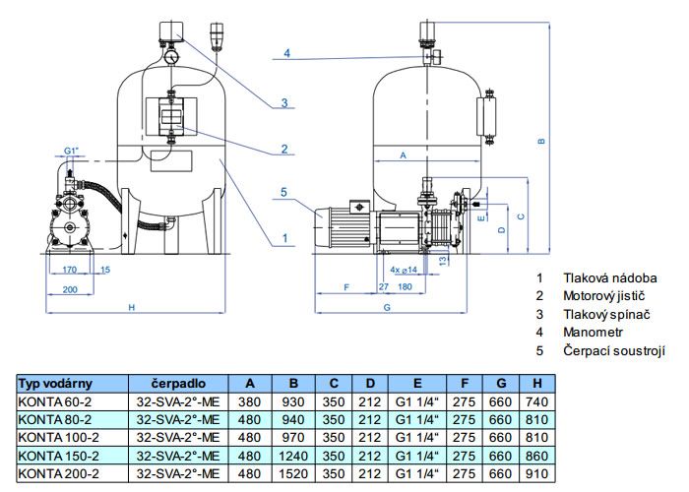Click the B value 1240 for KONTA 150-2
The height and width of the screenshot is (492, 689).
click(x=293, y=456)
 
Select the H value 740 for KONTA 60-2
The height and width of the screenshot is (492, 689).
click(x=537, y=401)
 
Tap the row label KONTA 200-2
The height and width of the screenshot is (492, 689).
click(x=58, y=473)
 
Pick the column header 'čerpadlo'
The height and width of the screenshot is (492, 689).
click(x=178, y=384)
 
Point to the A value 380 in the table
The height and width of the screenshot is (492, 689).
click(x=249, y=401)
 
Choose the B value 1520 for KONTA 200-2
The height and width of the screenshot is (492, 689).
click(x=293, y=473)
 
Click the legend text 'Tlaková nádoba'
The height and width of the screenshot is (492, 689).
click(x=610, y=277)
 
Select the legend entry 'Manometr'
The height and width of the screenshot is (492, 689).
click(x=593, y=333)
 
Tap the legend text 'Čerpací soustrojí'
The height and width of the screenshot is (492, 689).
click(x=614, y=350)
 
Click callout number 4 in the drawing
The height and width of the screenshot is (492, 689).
click(x=287, y=53)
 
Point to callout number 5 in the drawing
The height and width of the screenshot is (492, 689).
click(x=283, y=192)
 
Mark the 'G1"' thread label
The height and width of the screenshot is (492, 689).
click(x=71, y=151)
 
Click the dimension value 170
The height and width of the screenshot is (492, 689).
click(x=70, y=270)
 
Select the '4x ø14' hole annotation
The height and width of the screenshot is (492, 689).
click(x=403, y=270)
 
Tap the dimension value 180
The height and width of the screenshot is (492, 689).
click(x=405, y=287)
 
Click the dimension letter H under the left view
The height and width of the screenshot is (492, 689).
click(x=131, y=307)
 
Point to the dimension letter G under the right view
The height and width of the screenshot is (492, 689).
click(x=387, y=307)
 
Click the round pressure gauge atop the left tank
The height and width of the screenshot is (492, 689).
click(x=171, y=57)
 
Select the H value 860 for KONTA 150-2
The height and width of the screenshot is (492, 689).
click(x=537, y=456)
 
